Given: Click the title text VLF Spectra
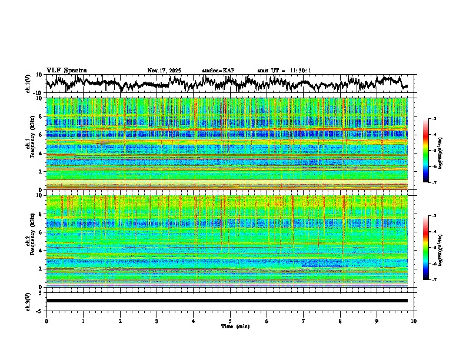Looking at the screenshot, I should pos(66,71).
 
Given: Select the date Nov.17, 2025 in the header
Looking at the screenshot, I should pos(164,71).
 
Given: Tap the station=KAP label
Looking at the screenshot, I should pos(218,71).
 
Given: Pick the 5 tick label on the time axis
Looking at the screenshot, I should pos(230,321).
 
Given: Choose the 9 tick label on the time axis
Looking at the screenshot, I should pos(377,321).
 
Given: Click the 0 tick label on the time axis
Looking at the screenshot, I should pos(46,321).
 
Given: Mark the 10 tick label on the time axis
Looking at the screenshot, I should pos(414,321).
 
